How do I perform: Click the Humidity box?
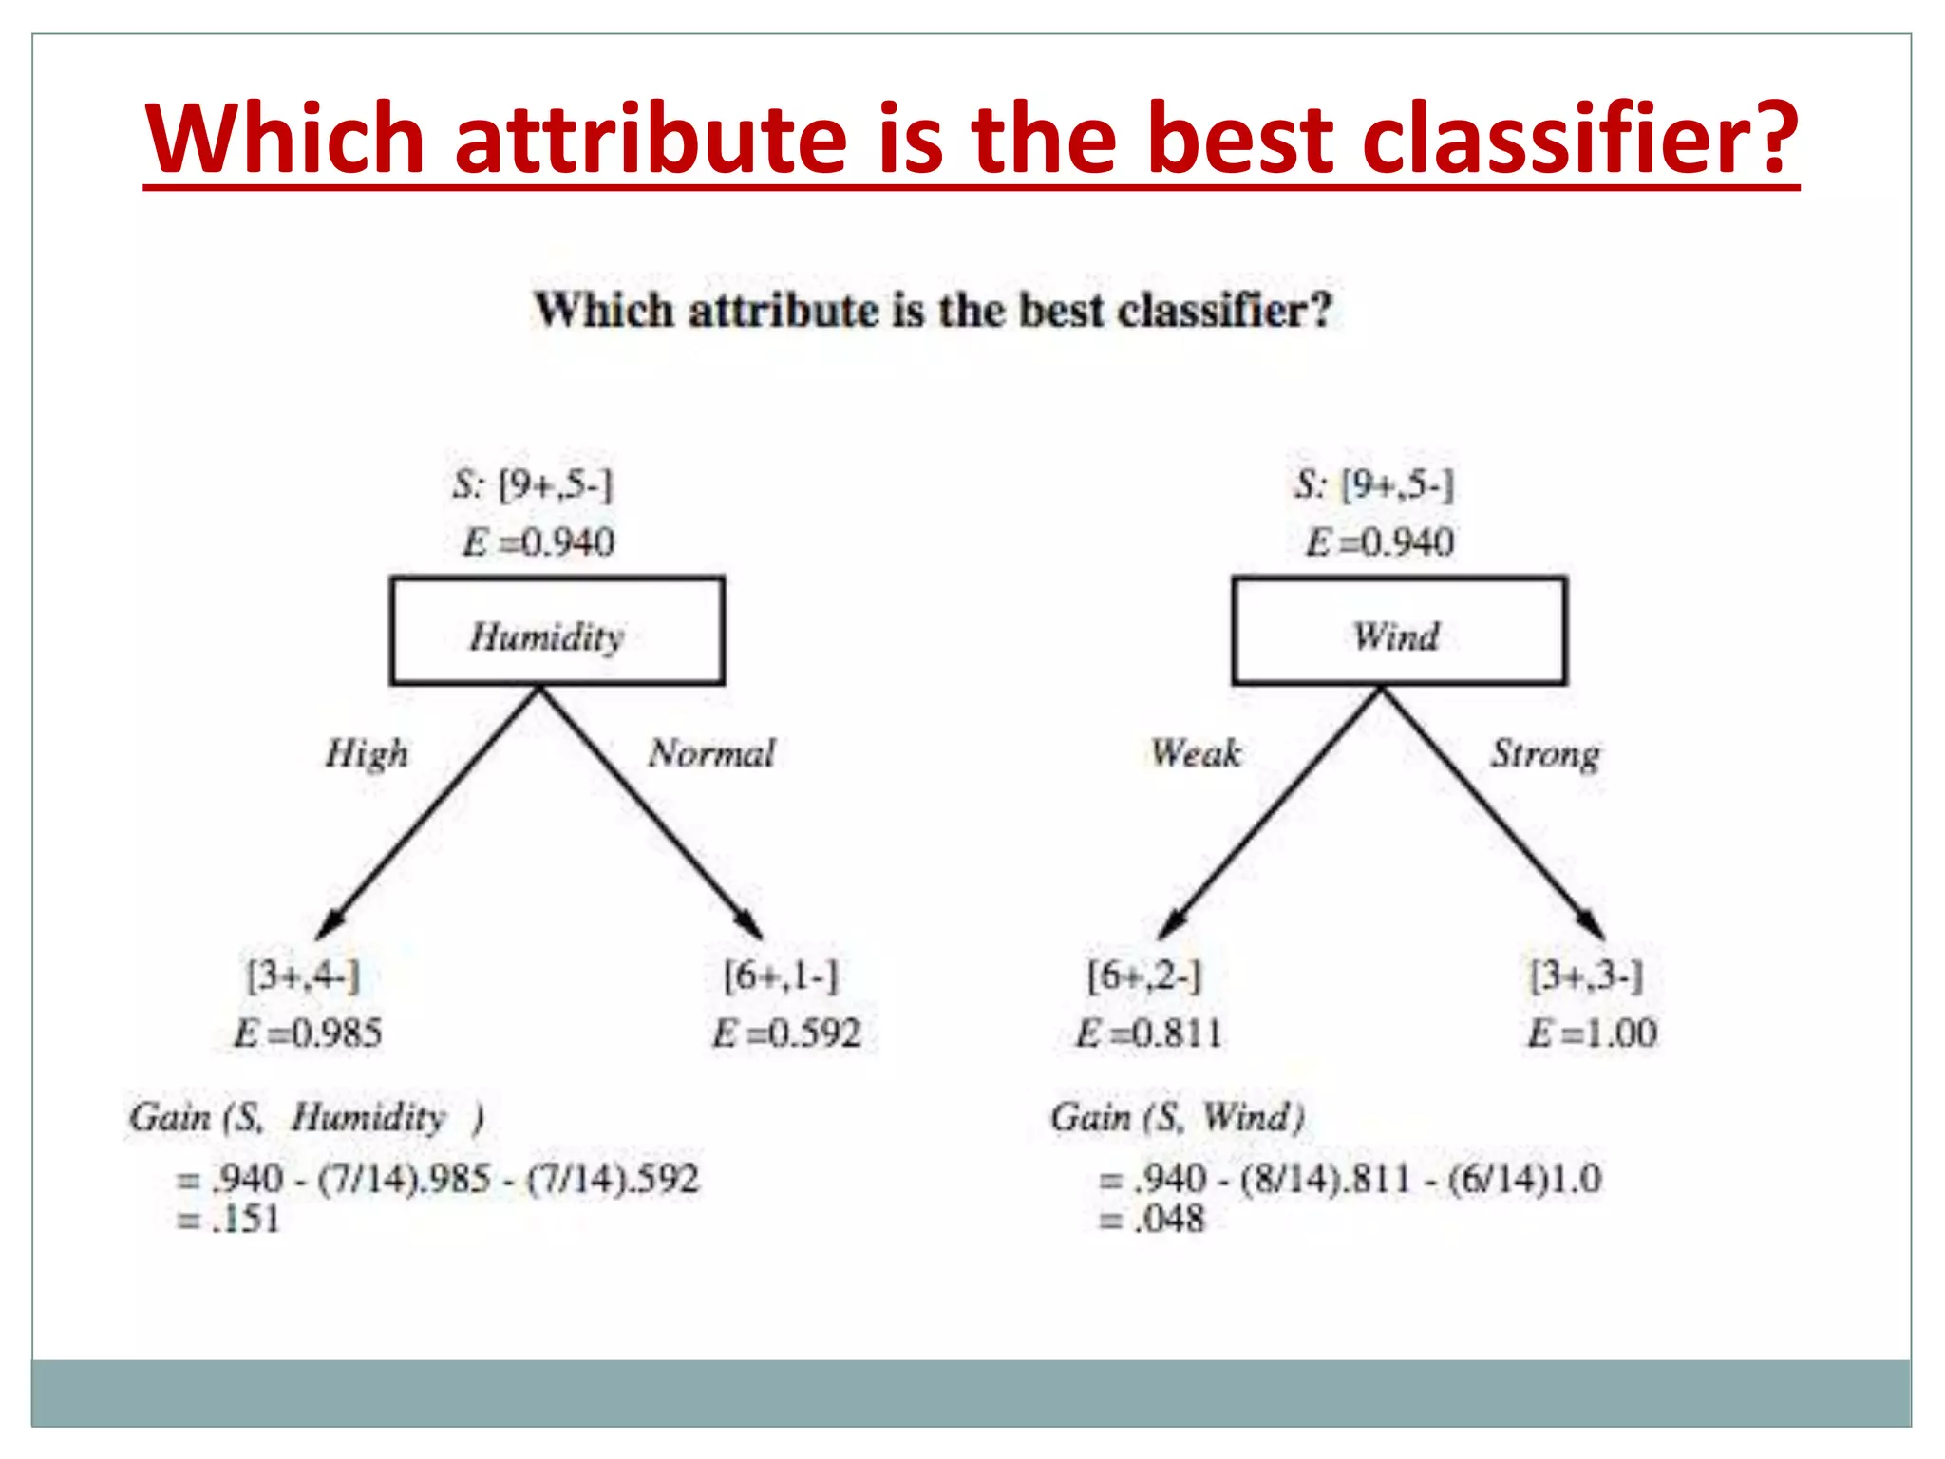click(x=557, y=632)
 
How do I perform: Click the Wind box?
click(x=1398, y=632)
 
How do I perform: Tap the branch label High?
click(x=367, y=754)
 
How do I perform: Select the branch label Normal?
click(x=712, y=754)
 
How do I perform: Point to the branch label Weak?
click(x=1196, y=754)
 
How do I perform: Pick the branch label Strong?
click(x=1545, y=754)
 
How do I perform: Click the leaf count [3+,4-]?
click(x=304, y=976)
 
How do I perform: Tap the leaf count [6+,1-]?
click(x=782, y=976)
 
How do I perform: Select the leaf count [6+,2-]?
click(x=1144, y=976)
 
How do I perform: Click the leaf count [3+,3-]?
click(x=1587, y=976)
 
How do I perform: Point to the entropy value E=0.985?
click(x=308, y=1033)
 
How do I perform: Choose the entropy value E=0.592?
click(x=786, y=1033)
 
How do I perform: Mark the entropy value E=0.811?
click(x=1149, y=1033)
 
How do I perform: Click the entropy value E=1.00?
click(x=1592, y=1033)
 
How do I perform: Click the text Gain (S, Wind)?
click(x=1178, y=1118)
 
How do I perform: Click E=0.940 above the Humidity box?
click(x=538, y=543)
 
